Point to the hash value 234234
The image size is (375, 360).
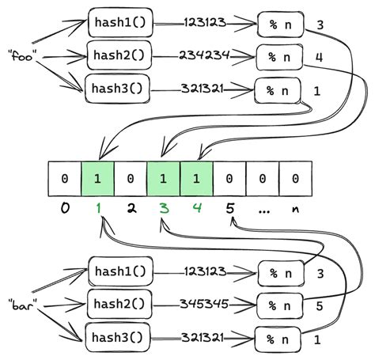coord(205,55)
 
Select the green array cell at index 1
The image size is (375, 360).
coord(97,180)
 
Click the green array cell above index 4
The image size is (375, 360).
coord(196,180)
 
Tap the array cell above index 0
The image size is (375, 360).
coord(64,180)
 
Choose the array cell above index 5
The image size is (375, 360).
coord(229,180)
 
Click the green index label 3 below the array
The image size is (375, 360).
coord(163,210)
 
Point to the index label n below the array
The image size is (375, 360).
coord(295,210)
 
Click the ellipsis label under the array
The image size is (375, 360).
coord(262,210)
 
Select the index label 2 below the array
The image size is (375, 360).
coord(130,210)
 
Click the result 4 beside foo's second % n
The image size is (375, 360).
coord(319,57)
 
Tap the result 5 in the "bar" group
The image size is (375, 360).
coord(319,305)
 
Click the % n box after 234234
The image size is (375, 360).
coord(276,57)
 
